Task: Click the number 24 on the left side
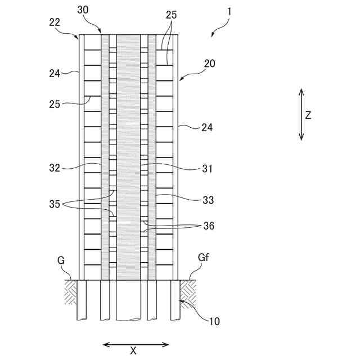54,71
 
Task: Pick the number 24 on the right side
207,128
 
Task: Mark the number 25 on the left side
55,104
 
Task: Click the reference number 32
55,167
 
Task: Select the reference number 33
208,199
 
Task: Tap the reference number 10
214,322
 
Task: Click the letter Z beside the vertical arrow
308,115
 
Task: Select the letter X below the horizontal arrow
134,350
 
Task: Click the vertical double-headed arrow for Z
301,114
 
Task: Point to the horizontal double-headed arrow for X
136,344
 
